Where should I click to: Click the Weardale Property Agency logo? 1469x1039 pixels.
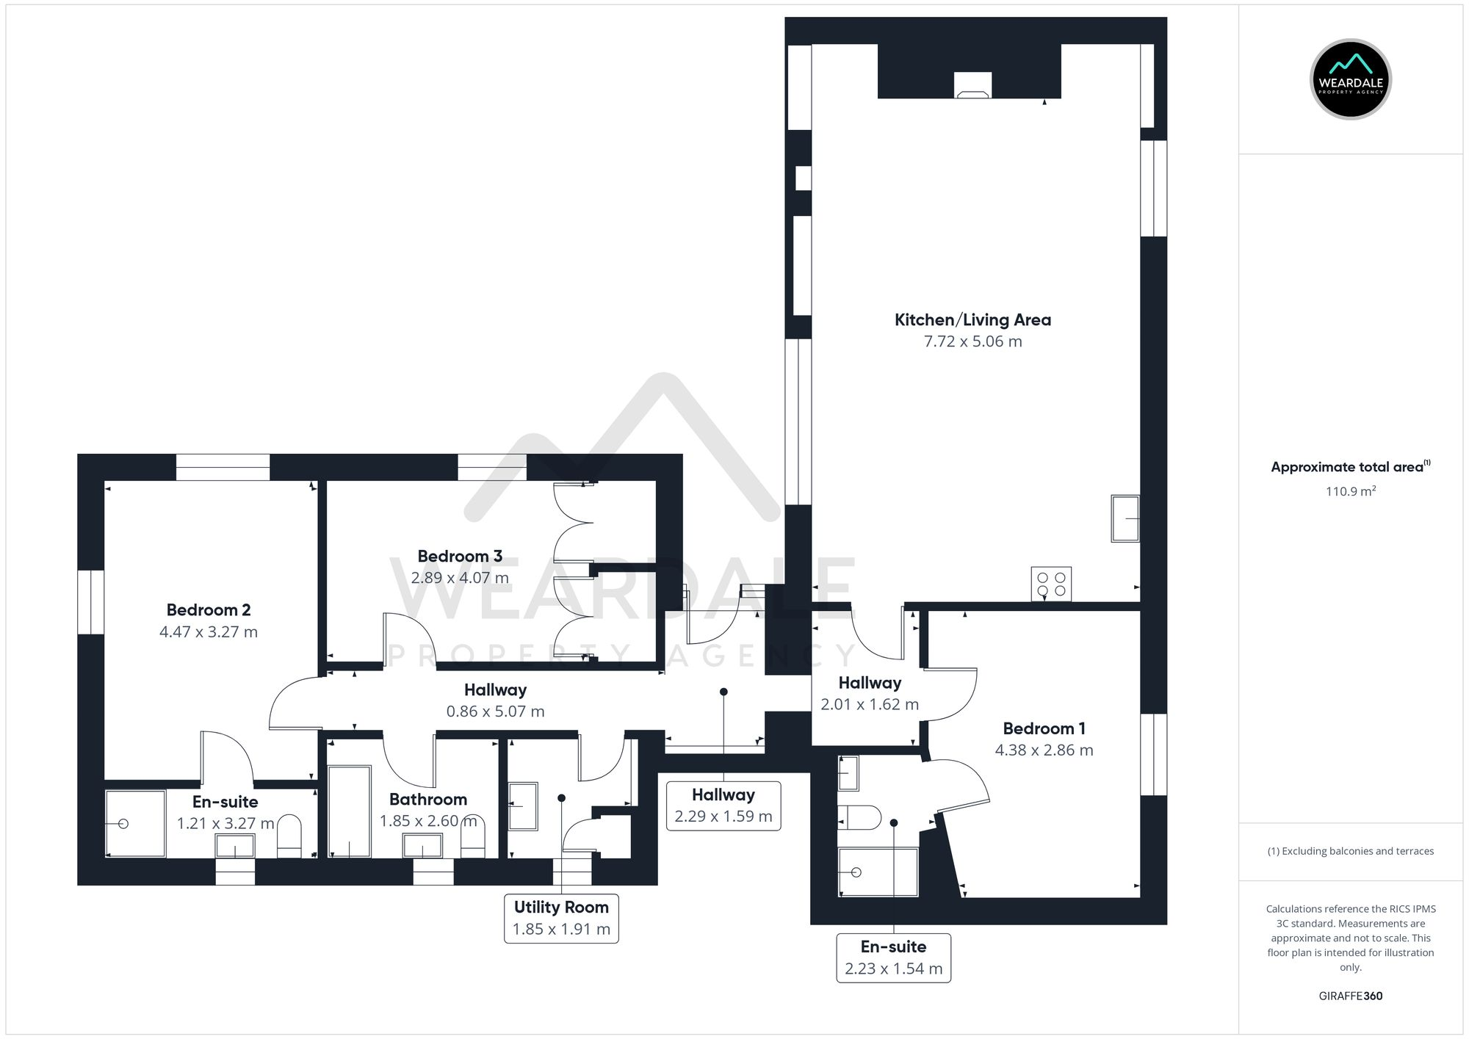pyautogui.click(x=1350, y=79)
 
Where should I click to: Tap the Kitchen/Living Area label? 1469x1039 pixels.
pyautogui.click(x=972, y=320)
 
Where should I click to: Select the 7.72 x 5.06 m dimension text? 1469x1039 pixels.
pyautogui.click(x=972, y=341)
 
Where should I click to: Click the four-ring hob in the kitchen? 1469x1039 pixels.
pyautogui.click(x=1050, y=584)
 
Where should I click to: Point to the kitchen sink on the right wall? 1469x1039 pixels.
pyautogui.click(x=1125, y=518)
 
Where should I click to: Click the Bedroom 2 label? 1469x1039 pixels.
pyautogui.click(x=209, y=610)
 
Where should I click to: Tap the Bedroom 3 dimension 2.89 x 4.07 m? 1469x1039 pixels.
pyautogui.click(x=460, y=578)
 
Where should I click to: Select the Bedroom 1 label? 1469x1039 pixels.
pyautogui.click(x=1044, y=728)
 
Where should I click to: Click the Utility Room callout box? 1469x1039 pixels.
pyautogui.click(x=561, y=918)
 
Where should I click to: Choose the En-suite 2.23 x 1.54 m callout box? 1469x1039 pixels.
pyautogui.click(x=893, y=957)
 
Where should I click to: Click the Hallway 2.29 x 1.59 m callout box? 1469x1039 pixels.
pyautogui.click(x=723, y=806)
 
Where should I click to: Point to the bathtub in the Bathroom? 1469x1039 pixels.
pyautogui.click(x=349, y=811)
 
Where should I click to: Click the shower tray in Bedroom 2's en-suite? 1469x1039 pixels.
pyautogui.click(x=135, y=823)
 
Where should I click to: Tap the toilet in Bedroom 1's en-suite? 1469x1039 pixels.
pyautogui.click(x=859, y=817)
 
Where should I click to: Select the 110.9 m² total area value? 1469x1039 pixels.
pyautogui.click(x=1350, y=492)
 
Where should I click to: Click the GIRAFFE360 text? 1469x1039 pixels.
pyautogui.click(x=1350, y=996)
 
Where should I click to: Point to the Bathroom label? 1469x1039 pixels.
pyautogui.click(x=428, y=800)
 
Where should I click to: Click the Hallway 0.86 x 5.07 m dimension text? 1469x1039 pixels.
pyautogui.click(x=495, y=712)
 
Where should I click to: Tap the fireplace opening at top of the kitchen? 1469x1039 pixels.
pyautogui.click(x=972, y=86)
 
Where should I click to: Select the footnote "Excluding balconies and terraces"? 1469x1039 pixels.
pyautogui.click(x=1350, y=852)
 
